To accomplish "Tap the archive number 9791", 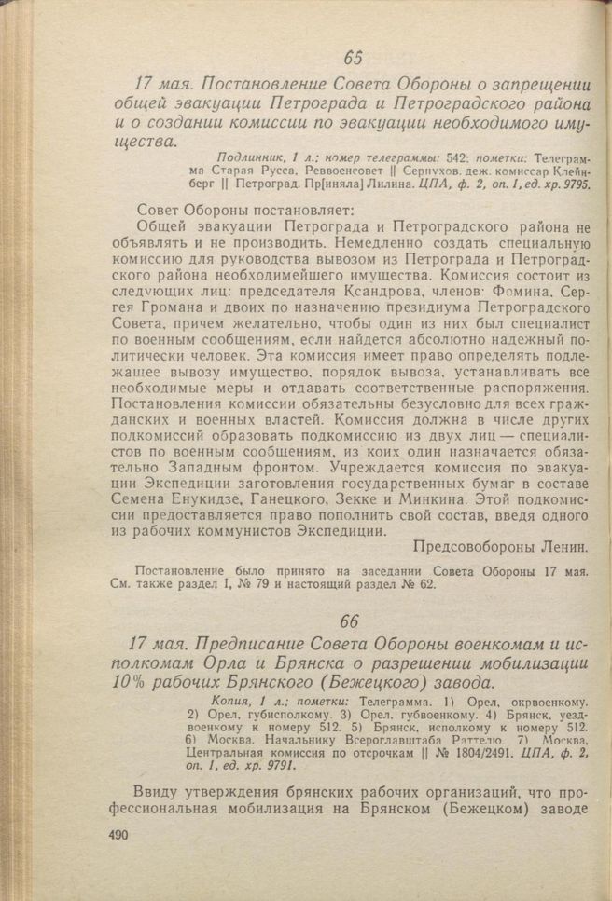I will point(274,765).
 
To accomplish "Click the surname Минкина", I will point(433,501).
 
